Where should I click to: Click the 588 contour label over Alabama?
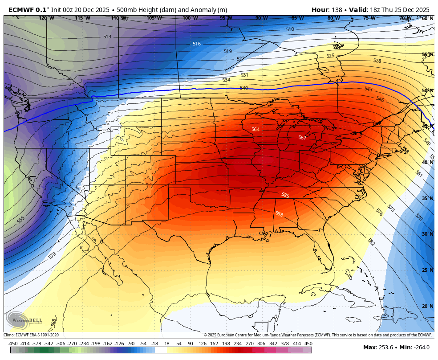[279, 214]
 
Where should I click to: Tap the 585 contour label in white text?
[285, 195]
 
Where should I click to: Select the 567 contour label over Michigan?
[302, 138]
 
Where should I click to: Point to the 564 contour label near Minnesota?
[255, 130]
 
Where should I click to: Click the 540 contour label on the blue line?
[244, 88]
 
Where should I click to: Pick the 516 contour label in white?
[197, 44]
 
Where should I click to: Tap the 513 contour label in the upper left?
[107, 37]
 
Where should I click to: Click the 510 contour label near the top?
[290, 29]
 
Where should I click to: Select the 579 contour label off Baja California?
[52, 255]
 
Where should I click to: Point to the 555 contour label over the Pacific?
[21, 220]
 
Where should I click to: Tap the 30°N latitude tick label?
[428, 234]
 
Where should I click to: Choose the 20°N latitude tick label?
[428, 306]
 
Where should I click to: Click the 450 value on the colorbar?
[308, 344]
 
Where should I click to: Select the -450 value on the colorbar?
[13, 344]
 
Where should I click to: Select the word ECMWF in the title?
[20, 10]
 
